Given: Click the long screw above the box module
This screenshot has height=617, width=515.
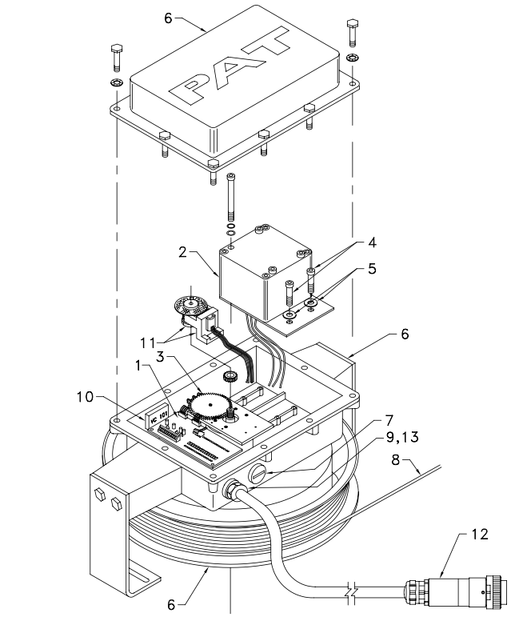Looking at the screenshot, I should (231, 196).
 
